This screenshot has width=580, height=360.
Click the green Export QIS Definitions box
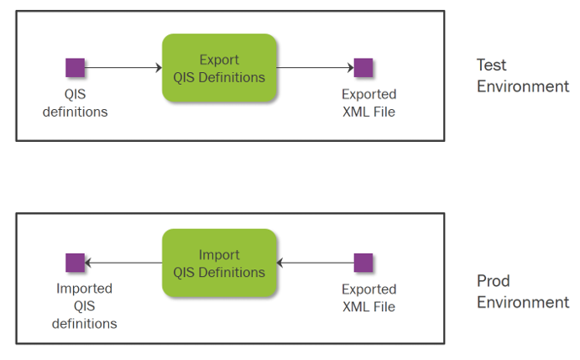219,68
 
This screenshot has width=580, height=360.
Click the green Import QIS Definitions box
219,263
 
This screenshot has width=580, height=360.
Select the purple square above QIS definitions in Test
75,68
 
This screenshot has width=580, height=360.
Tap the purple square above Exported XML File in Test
363,68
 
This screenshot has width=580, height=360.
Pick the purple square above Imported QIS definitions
75,263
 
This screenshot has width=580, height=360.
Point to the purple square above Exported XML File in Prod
363,263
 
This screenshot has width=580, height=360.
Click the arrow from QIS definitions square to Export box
123,68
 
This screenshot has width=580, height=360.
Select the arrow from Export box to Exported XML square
315,68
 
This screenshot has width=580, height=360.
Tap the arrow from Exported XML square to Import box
315,263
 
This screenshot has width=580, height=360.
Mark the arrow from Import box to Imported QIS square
123,263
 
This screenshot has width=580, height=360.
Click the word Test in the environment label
491,65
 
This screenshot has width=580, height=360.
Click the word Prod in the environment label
494,281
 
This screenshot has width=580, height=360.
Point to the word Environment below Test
523,86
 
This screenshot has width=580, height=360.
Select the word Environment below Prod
523,303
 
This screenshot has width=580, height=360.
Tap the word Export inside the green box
219,60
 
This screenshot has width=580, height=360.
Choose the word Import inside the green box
219,255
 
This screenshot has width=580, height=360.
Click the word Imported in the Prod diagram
84,289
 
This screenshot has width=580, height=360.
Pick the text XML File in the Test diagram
368,112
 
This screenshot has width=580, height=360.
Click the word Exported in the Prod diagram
369,289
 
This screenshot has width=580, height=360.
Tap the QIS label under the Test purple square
75,94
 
